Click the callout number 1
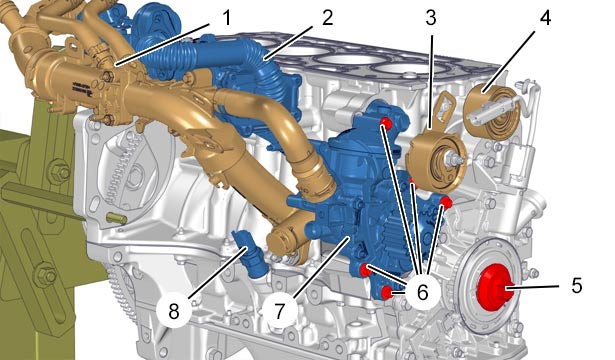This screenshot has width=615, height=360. point(227,18)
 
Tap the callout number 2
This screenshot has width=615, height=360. point(328,18)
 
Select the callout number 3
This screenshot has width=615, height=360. point(431,18)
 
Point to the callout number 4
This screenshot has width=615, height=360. point(545,18)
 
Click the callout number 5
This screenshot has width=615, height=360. point(577,285)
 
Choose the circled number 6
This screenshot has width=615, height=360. point(422,292)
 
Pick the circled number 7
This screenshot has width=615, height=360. point(279,311)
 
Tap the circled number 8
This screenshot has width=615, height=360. point(174,311)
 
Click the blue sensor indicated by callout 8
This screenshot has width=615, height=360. point(249,255)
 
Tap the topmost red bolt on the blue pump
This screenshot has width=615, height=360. point(386,124)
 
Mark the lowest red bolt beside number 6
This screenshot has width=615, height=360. point(387,292)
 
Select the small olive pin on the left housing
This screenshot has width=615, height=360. point(116,218)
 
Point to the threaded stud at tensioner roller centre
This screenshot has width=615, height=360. point(454,159)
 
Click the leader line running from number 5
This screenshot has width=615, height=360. point(532,288)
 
